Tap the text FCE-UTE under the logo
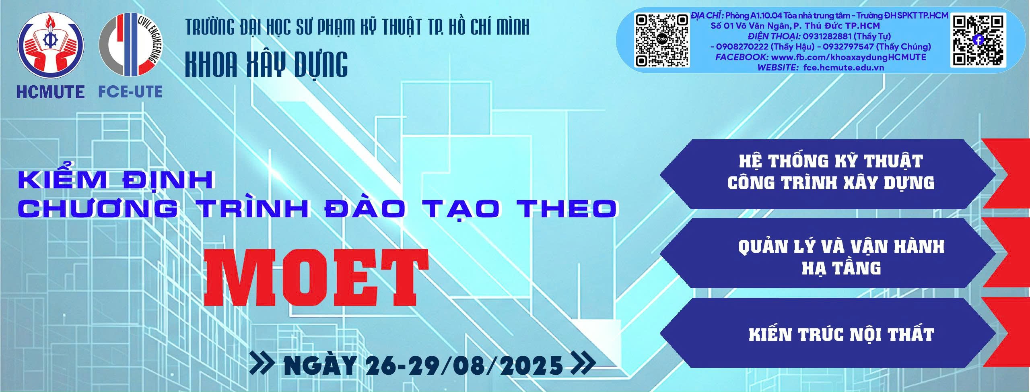(x=130, y=92)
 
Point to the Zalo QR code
(x=662, y=40)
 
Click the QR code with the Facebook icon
(x=978, y=40)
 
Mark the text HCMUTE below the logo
(x=50, y=92)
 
